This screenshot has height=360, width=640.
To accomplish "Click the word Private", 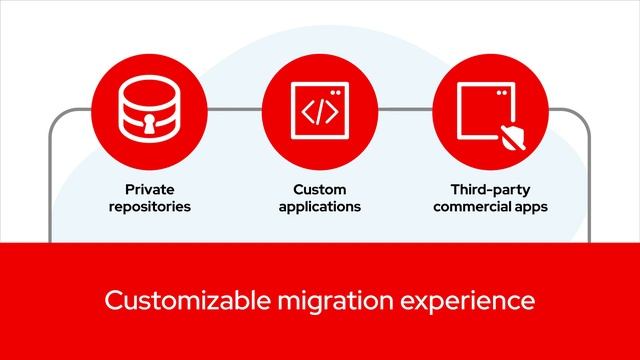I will pyautogui.click(x=150, y=189).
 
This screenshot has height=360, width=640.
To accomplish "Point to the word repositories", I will pyautogui.click(x=150, y=207).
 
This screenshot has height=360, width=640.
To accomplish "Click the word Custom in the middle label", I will pyautogui.click(x=319, y=189).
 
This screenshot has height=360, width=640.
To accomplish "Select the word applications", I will pyautogui.click(x=319, y=207).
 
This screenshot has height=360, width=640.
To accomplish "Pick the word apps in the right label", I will pyautogui.click(x=532, y=207).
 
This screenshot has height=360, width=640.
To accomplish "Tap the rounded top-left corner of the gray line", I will pyautogui.click(x=54, y=115).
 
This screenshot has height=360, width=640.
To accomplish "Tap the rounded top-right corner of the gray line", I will pyautogui.click(x=585, y=115).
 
